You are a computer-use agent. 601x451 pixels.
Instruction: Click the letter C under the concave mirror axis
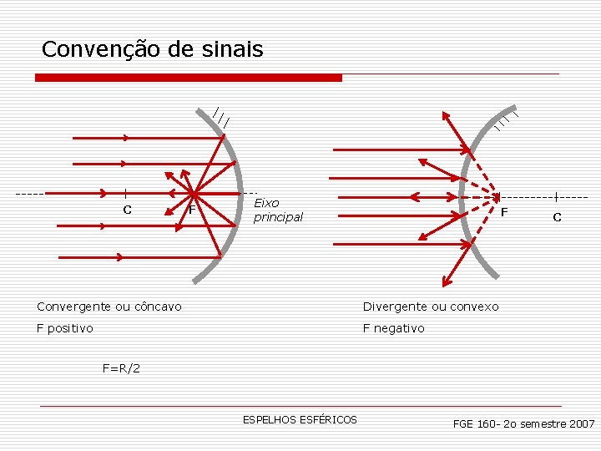[x=127, y=210]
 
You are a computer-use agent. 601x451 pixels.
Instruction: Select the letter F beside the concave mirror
[x=192, y=210]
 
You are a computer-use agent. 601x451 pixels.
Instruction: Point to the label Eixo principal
[x=278, y=210]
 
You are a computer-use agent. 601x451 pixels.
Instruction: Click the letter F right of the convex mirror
[x=503, y=213]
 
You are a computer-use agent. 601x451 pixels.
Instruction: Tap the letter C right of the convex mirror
[x=557, y=217]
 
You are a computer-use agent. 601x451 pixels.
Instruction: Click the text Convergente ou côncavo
[x=109, y=307]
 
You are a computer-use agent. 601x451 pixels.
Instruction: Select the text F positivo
[x=65, y=328]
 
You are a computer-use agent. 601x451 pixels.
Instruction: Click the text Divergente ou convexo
[x=431, y=307]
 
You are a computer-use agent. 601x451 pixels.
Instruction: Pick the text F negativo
[x=393, y=328]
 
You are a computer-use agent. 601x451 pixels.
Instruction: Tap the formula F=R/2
[x=121, y=367]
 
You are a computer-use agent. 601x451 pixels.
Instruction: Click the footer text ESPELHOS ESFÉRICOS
[x=300, y=419]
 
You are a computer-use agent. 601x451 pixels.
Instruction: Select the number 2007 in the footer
[x=580, y=424]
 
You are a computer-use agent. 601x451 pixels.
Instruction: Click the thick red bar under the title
[x=189, y=78]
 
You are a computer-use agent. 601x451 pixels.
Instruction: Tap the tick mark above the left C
[x=124, y=193]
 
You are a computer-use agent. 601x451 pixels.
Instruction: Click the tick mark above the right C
[x=556, y=197]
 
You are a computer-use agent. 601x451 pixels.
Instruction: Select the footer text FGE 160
[x=474, y=424]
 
